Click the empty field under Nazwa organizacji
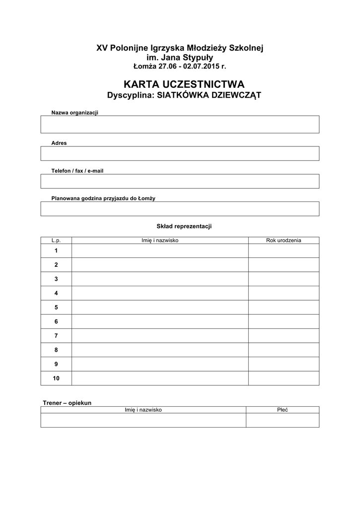pyautogui.click(x=180, y=124)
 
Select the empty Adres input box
pyautogui.click(x=180, y=153)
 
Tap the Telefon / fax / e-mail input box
pyautogui.click(x=180, y=181)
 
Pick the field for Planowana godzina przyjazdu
pyautogui.click(x=180, y=209)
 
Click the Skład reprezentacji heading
pyautogui.click(x=184, y=227)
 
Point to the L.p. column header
pyautogui.click(x=56, y=241)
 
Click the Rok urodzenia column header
pyautogui.click(x=284, y=241)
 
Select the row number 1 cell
pyautogui.click(x=56, y=251)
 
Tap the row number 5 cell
pyautogui.click(x=56, y=308)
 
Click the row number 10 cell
pyautogui.click(x=56, y=379)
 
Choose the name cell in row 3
pyautogui.click(x=160, y=279)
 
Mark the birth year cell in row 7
pyautogui.click(x=284, y=336)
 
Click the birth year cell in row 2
pyautogui.click(x=284, y=265)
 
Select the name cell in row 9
pyautogui.click(x=160, y=364)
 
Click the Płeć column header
pyautogui.click(x=283, y=410)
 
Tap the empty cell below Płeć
pyautogui.click(x=283, y=420)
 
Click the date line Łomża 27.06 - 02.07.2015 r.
pyautogui.click(x=180, y=66)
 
